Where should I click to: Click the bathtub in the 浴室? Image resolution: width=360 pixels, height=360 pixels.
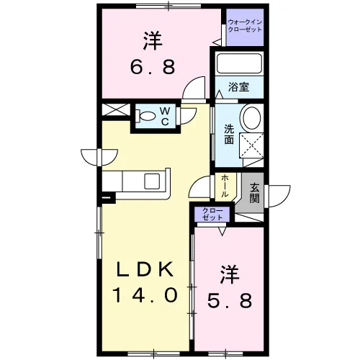tap(239, 63)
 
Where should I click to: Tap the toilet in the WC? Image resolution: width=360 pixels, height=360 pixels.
tap(145, 117)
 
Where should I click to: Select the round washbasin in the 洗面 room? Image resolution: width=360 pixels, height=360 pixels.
tap(251, 118)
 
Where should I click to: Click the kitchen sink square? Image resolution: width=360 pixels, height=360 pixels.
tap(152, 181)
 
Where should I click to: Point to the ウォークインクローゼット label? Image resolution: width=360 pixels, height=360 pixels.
tap(245, 26)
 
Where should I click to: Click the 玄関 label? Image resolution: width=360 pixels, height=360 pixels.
tap(254, 193)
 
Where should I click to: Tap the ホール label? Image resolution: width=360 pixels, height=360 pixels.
tap(225, 186)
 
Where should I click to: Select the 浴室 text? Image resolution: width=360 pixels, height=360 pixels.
tap(238, 86)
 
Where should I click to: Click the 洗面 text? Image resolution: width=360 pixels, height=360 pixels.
tap(229, 135)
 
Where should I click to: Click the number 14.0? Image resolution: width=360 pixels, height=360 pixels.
tap(145, 295)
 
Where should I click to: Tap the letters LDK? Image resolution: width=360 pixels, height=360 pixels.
tap(145, 269)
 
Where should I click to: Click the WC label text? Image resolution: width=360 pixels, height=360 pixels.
tap(165, 116)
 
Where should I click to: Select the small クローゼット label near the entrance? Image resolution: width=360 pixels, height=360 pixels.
tap(212, 214)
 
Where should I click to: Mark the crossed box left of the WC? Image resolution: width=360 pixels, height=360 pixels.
tap(116, 109)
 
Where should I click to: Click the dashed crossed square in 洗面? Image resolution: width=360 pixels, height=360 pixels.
tap(251, 145)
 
